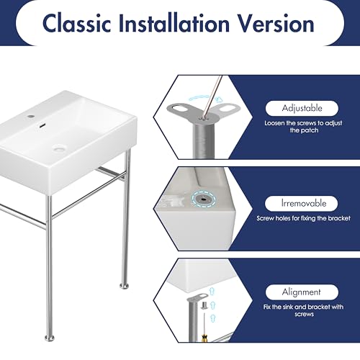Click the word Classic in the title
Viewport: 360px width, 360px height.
pyautogui.click(x=76, y=23)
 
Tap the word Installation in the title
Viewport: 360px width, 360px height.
pyautogui.click(x=174, y=23)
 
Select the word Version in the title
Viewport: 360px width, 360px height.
pyautogui.click(x=276, y=23)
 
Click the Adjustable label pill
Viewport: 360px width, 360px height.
pyautogui.click(x=302, y=108)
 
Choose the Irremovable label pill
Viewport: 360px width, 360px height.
pyautogui.click(x=302, y=204)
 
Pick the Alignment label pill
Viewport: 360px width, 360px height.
pyautogui.click(x=302, y=292)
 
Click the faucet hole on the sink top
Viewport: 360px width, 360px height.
pyautogui.click(x=31, y=117)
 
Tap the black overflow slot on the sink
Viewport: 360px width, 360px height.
pyautogui.click(x=42, y=125)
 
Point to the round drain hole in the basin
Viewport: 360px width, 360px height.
pyautogui.click(x=58, y=148)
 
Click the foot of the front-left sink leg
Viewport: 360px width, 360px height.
pyautogui.click(x=50, y=338)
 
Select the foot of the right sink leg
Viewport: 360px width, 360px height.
pyautogui.click(x=125, y=286)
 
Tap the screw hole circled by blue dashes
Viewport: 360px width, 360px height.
pyautogui.click(x=204, y=199)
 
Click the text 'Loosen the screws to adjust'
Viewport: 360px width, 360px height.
pyautogui.click(x=303, y=123)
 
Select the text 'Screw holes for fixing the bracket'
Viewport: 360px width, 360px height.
pyautogui.click(x=303, y=218)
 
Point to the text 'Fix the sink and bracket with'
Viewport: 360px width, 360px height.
pyautogui.click(x=303, y=307)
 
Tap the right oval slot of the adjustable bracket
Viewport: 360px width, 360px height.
pyautogui.click(x=230, y=107)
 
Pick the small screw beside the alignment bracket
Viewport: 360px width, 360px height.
pyautogui.click(x=204, y=306)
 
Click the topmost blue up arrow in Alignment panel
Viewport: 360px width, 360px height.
pyautogui.click(x=212, y=292)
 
